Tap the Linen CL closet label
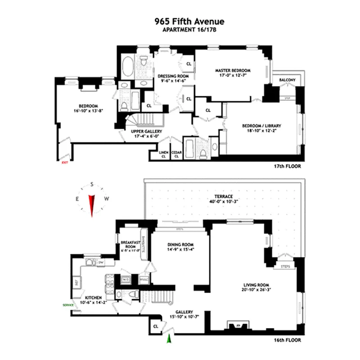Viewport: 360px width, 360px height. pos(164,155)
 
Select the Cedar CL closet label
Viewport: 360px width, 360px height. pos(176,155)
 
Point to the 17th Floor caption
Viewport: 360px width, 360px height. pos(287,166)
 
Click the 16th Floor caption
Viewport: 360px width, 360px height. pos(287,340)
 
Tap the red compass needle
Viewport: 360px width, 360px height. pos(92,205)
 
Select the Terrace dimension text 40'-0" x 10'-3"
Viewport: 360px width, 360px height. pos(223,202)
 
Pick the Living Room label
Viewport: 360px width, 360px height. pos(256,287)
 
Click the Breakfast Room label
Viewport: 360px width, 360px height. pos(130,247)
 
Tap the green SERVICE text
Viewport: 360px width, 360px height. pos(68,305)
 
